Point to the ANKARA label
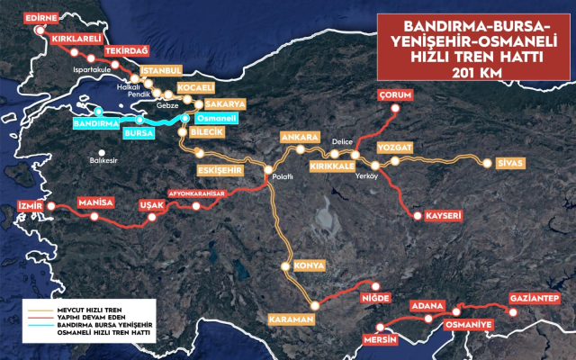click(300, 137)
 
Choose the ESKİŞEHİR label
click(220, 170)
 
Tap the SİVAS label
click(502, 164)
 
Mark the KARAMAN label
click(290, 320)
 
